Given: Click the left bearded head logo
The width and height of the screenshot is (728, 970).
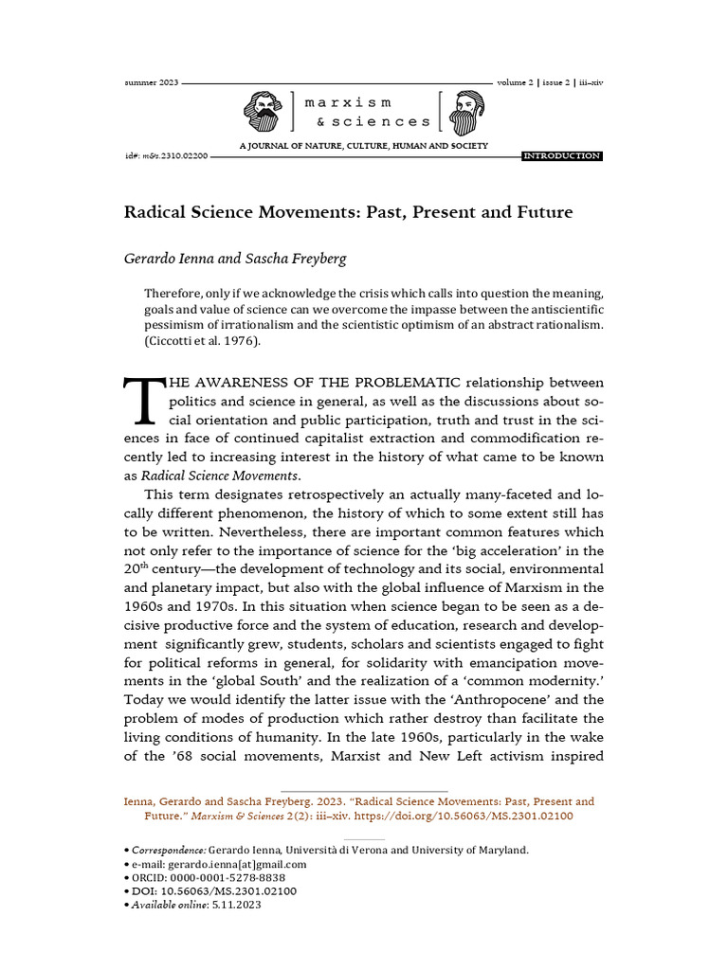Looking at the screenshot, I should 263,113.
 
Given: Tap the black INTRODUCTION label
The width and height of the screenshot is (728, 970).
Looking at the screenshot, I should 562,155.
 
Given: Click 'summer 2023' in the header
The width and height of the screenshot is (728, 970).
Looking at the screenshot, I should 151,82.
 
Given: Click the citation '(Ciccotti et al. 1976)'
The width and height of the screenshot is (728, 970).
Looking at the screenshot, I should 202,341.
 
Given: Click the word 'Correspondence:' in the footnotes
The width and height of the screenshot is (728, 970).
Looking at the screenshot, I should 169,850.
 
